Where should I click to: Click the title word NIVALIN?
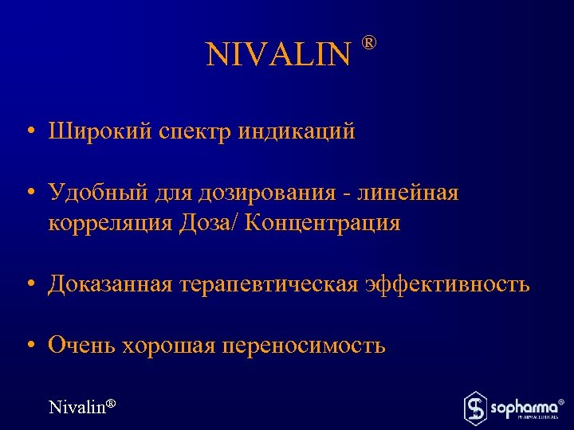point(277,55)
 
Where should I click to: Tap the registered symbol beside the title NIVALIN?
point(369,41)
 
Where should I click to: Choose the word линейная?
point(409,193)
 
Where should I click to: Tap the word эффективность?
point(448,284)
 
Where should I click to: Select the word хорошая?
point(167,346)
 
